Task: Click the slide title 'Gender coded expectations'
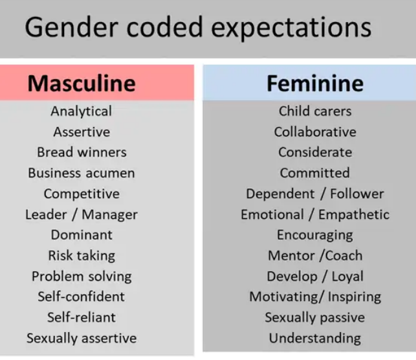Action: [198, 28]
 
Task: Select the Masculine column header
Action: [82, 84]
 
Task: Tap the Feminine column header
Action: [315, 84]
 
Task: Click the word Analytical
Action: [82, 111]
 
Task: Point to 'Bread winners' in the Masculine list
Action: [82, 153]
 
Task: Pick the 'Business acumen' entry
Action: [82, 174]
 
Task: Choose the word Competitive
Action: [82, 194]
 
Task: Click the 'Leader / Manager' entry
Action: [82, 215]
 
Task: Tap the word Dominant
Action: [82, 235]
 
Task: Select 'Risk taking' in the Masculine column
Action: [82, 256]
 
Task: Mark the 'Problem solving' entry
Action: [82, 276]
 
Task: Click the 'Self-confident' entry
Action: [82, 297]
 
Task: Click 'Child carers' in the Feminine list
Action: [315, 111]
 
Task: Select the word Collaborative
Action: [315, 132]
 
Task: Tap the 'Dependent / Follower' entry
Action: [315, 194]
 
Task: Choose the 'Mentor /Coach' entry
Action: [315, 256]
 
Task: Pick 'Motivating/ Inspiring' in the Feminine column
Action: [315, 297]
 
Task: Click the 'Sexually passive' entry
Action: [315, 318]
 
